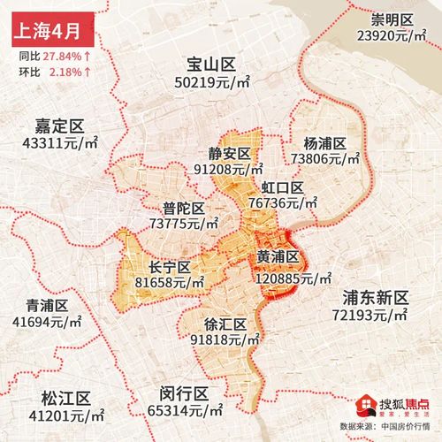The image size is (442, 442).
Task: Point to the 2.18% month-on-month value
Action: pos(68,70)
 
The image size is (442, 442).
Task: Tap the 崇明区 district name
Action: pos(392,19)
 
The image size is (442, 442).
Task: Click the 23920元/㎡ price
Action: pos(392,36)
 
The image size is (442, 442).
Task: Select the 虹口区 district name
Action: pos(282,187)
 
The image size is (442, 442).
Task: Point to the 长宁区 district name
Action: pos(171,266)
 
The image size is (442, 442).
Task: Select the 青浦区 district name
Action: pos(47,305)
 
